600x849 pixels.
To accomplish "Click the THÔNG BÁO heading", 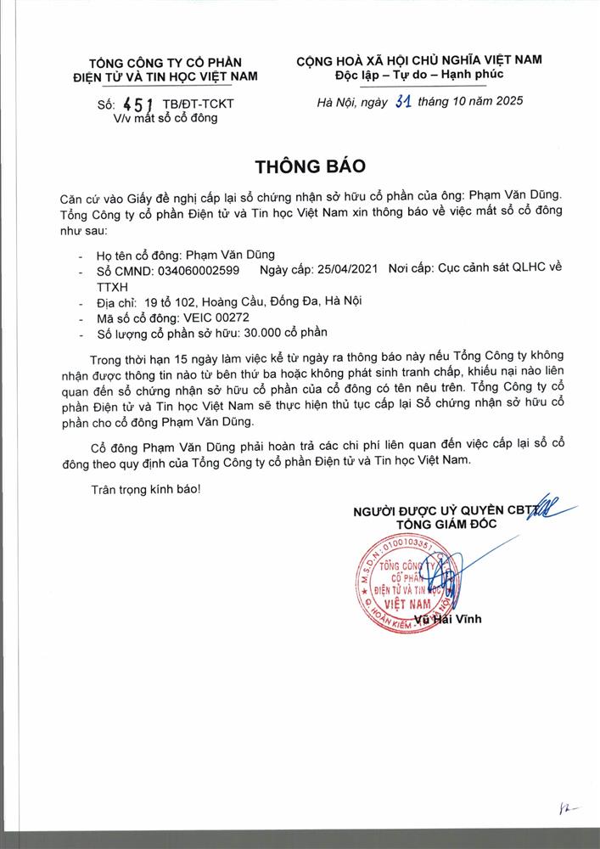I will coord(300,162).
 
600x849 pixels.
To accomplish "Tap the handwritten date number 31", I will coord(402,103).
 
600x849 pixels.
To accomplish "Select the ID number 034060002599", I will coord(199,271).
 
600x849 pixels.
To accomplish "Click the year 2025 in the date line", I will coord(506,102).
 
